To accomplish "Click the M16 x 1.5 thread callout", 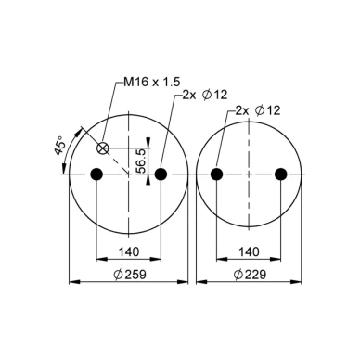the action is tap(151, 82).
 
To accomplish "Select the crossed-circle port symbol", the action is tap(102, 148).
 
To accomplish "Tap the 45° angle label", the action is tap(60, 145).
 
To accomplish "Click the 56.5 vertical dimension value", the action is tap(141, 161).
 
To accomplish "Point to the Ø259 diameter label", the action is tap(130, 275).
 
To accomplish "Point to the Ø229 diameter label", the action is tap(250, 275).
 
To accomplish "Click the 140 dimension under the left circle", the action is tap(129, 251).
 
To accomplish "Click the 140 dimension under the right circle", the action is tap(249, 251).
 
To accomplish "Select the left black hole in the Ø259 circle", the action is tap(96, 174).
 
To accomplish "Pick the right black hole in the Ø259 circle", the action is tap(161, 174).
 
